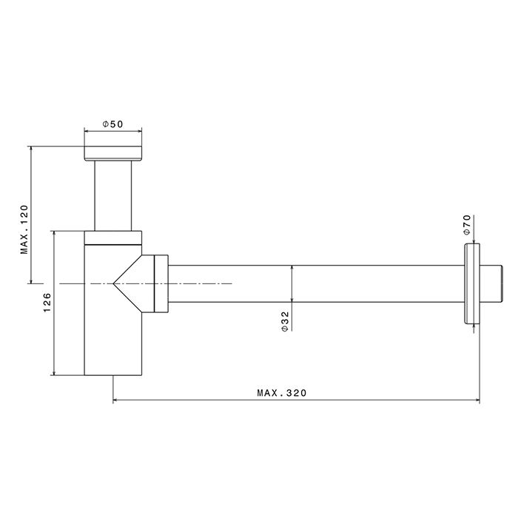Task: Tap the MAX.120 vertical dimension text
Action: tap(24, 229)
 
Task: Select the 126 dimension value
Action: tap(47, 303)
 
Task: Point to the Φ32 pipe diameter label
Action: tap(285, 320)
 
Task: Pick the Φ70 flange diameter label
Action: tap(466, 224)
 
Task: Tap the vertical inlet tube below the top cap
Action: tap(112, 196)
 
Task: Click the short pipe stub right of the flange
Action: tap(491, 283)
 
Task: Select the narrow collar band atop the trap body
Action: tap(112, 238)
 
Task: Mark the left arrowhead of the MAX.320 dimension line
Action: tap(116, 402)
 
